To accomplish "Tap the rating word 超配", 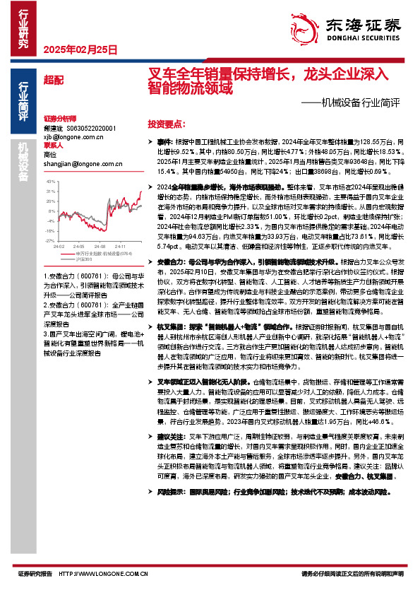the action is (53, 80).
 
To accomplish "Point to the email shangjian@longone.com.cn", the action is (83, 164).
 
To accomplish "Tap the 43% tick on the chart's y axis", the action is (51, 182).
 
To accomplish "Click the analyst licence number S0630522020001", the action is (91, 129).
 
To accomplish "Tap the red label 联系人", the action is (53, 146).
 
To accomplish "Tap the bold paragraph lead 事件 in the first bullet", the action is (164, 141).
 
